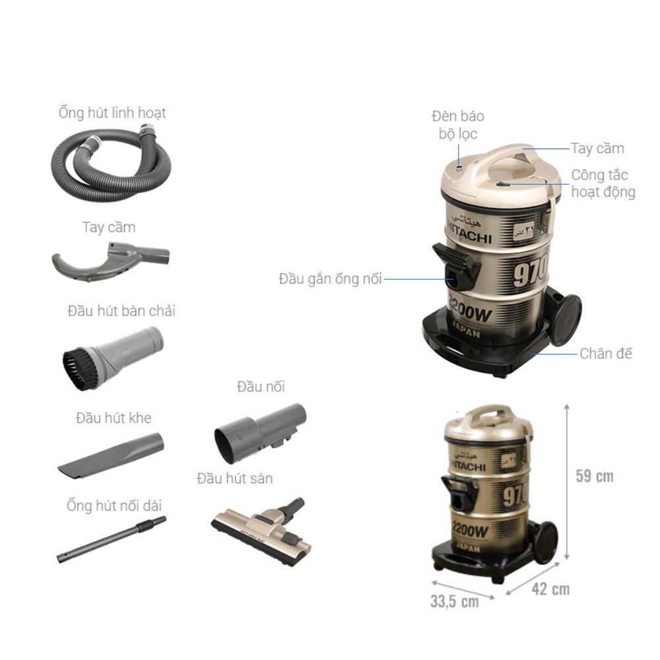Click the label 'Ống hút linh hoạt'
click(x=112, y=113)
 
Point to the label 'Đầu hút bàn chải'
click(x=121, y=311)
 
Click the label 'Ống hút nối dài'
click(x=114, y=506)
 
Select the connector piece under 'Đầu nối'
click(x=260, y=433)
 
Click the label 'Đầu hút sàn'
click(x=234, y=478)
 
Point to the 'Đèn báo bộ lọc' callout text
click(x=458, y=125)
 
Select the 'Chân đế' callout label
click(x=605, y=354)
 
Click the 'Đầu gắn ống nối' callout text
click(x=330, y=279)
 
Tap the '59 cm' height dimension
click(x=594, y=477)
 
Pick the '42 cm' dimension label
click(x=550, y=589)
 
